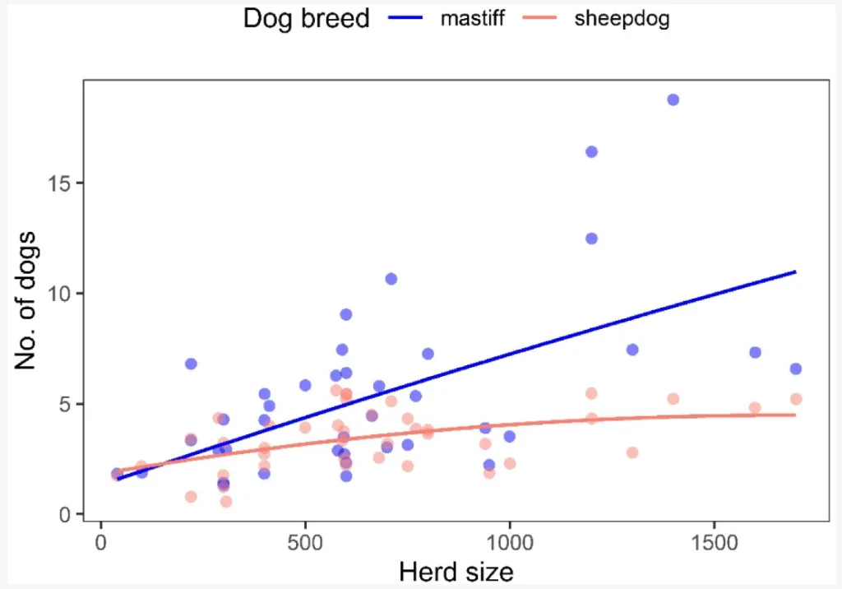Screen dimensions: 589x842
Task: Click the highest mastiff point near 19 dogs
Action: click(673, 100)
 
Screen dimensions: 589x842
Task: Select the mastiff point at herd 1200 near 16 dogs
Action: click(591, 151)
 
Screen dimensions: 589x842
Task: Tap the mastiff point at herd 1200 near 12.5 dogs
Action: click(591, 239)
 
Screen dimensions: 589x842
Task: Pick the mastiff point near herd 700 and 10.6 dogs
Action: click(391, 279)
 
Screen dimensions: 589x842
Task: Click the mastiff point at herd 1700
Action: click(795, 369)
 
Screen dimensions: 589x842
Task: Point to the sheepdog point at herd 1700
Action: click(796, 399)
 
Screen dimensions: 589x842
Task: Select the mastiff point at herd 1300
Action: click(632, 350)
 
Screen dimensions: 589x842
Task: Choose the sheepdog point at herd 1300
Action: click(632, 452)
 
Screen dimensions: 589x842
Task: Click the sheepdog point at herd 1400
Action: click(673, 399)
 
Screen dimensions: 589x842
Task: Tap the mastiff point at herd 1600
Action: click(755, 352)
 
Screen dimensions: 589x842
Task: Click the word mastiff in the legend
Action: click(472, 18)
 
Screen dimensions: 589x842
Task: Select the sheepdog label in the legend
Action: click(622, 18)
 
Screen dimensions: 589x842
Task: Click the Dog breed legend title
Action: click(306, 18)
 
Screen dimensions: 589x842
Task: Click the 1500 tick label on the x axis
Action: click(713, 545)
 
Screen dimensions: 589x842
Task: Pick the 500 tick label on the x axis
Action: click(305, 545)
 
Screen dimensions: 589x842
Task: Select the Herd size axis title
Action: click(456, 572)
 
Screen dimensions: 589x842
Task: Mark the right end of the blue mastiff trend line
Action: click(795, 271)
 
